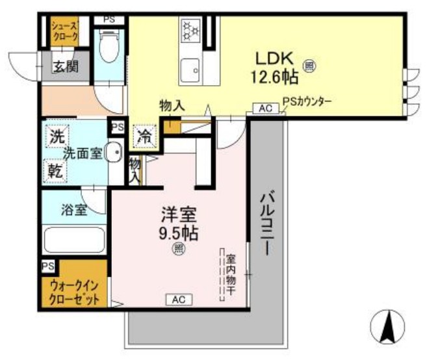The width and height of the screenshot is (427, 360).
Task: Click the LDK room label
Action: coord(272,57)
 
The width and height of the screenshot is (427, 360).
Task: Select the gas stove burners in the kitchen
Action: coord(191,30)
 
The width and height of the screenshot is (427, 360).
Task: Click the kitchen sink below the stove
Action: coord(190,68)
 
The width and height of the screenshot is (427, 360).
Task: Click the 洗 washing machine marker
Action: coord(55,138)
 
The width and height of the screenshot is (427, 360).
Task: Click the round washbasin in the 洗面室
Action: coord(113,153)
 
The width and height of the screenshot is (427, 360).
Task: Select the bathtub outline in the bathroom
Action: coord(74,240)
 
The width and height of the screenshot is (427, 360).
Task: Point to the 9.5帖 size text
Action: coord(177,232)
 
